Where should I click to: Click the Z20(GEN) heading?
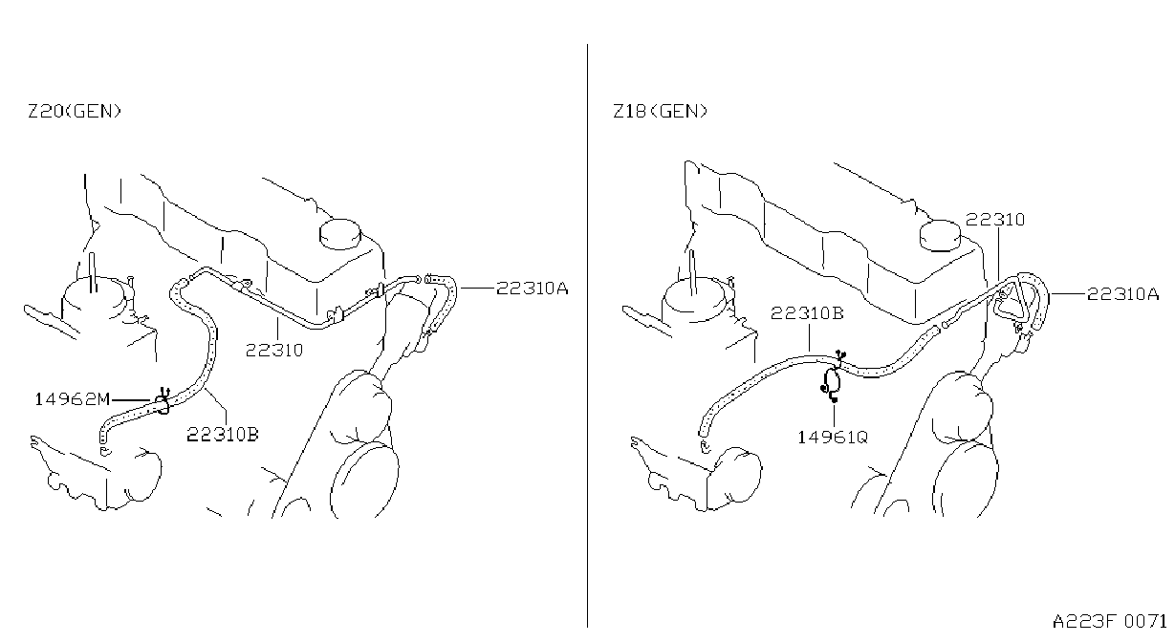(x=75, y=111)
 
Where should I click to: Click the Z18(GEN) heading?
(x=661, y=111)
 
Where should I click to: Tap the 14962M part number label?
(x=72, y=399)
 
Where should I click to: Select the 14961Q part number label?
(x=833, y=438)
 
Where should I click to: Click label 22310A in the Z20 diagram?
(x=532, y=289)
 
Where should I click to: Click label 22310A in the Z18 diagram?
(x=1122, y=294)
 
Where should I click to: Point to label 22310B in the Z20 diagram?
(x=223, y=435)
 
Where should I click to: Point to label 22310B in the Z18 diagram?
(x=807, y=313)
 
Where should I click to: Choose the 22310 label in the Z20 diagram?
(x=274, y=350)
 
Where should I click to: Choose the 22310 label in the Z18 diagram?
(x=995, y=220)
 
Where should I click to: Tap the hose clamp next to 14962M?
(x=163, y=401)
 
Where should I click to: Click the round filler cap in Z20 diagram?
(x=340, y=234)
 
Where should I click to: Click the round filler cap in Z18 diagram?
(x=940, y=235)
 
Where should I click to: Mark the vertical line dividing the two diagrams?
(x=587, y=335)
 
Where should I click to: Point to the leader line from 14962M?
(x=131, y=400)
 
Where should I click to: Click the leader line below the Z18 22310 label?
(x=998, y=255)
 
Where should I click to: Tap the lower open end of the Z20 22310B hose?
(x=103, y=436)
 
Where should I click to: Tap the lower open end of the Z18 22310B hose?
(x=703, y=432)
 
